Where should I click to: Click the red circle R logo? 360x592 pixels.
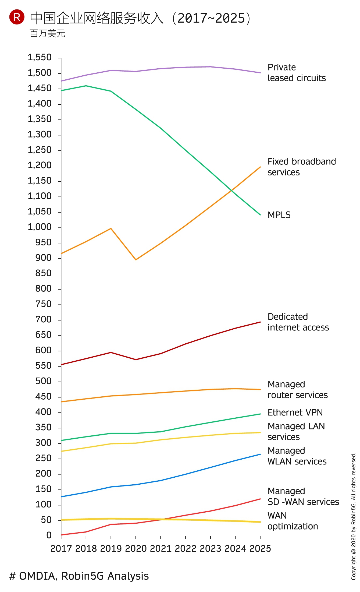(17, 17)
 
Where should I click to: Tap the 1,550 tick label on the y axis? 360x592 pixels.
(40, 57)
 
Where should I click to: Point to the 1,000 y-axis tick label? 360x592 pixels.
(40, 227)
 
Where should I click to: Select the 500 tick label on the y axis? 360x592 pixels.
(43, 381)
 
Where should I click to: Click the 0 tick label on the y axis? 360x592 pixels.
(49, 535)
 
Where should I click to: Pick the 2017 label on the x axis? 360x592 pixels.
(61, 548)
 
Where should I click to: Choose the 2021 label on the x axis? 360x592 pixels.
(161, 548)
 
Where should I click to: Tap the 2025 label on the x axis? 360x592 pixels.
(260, 548)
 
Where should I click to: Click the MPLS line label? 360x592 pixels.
(279, 215)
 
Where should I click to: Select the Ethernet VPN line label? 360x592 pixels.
(295, 413)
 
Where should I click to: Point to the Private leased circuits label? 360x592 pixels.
(297, 73)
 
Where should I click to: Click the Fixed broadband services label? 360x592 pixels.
(302, 167)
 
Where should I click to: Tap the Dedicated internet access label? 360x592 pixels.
(298, 322)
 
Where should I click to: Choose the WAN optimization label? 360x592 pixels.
(293, 521)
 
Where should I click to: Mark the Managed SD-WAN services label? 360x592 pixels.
(303, 496)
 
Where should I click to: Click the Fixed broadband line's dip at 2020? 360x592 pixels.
(136, 260)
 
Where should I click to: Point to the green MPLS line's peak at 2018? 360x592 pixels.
(86, 86)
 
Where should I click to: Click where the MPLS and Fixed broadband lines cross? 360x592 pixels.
(231, 191)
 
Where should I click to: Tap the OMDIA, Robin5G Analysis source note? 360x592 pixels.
(79, 576)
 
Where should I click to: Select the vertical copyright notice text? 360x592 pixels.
(354, 516)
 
